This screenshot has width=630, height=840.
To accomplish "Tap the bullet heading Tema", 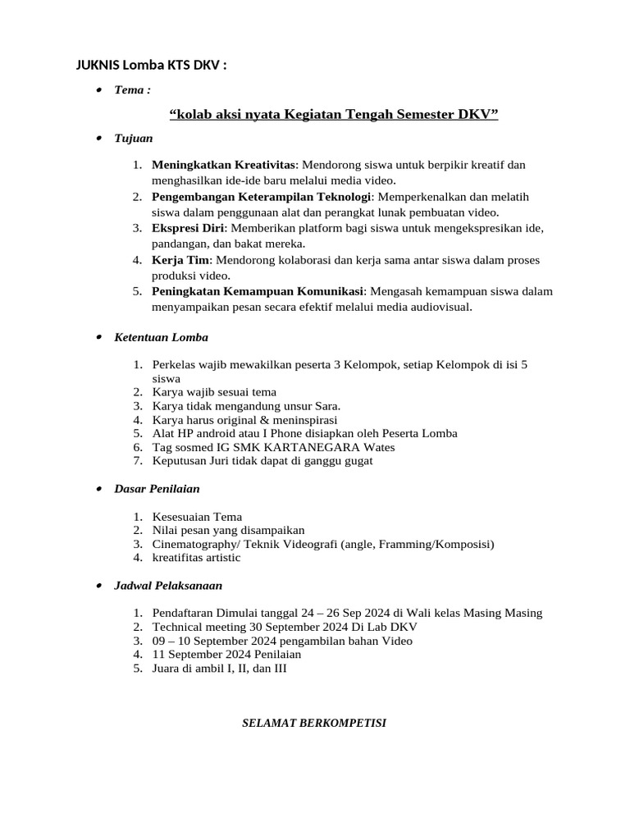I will pyautogui.click(x=132, y=89).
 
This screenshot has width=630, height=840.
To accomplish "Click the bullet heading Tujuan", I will pyautogui.click(x=134, y=139).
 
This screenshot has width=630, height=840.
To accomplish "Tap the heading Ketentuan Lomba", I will pyautogui.click(x=161, y=337).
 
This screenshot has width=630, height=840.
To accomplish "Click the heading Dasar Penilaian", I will pyautogui.click(x=157, y=489).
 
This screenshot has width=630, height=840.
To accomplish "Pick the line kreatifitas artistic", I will pyautogui.click(x=197, y=558).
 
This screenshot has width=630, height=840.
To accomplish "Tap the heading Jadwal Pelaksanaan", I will pyautogui.click(x=168, y=586).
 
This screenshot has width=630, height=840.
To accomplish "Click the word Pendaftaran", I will pyautogui.click(x=185, y=614).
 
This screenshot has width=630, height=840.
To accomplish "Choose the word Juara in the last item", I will pyautogui.click(x=167, y=669).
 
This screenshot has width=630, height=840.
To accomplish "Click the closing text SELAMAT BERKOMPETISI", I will pyautogui.click(x=314, y=724).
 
